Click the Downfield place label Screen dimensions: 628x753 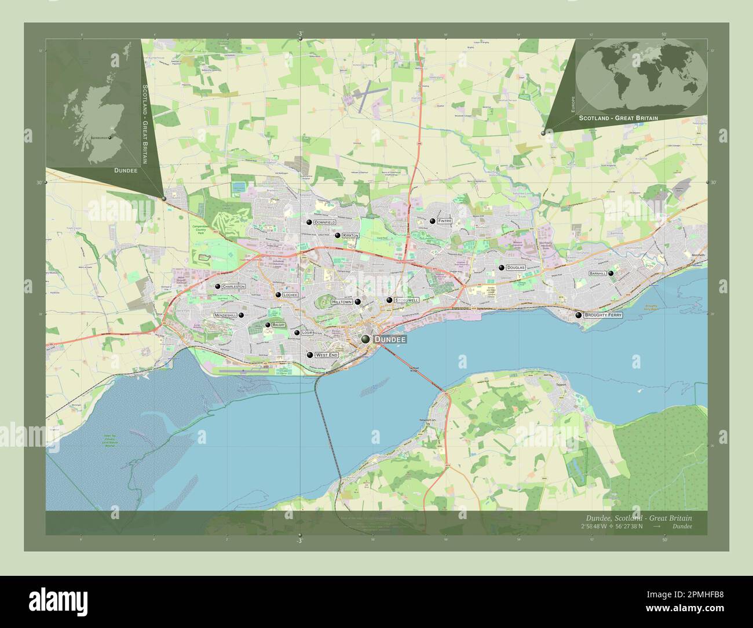[324, 222]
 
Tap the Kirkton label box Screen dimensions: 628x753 [350, 236]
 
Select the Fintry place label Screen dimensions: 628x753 [444, 221]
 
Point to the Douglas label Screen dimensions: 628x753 [515, 268]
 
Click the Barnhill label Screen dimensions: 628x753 [597, 273]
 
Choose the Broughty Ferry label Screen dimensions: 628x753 [603, 315]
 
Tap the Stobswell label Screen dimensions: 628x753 [407, 301]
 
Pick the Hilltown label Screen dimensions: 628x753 [342, 302]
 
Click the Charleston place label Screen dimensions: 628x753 [233, 287]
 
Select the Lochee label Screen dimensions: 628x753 [290, 295]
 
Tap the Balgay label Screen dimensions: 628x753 [279, 325]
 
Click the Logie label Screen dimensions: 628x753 [308, 333]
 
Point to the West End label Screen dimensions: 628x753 [326, 355]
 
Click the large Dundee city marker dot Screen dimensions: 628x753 [365, 339]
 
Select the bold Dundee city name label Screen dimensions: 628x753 [390, 339]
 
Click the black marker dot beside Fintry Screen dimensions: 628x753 [432, 221]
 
